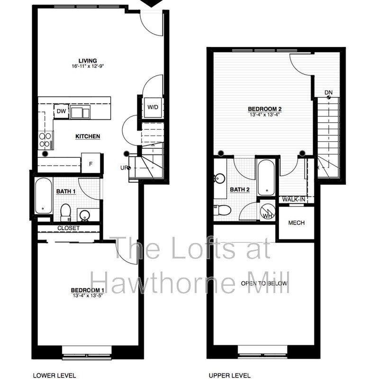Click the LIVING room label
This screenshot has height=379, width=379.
89,61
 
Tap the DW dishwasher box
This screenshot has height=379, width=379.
61,111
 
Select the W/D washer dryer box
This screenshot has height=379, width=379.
153,107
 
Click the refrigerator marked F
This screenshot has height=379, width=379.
90,163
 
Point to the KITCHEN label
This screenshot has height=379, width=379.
88,136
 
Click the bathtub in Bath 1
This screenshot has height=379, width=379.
43,196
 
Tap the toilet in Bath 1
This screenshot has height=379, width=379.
66,212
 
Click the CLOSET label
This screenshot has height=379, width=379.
69,228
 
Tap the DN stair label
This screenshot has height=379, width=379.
329,92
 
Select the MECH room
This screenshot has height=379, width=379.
296,223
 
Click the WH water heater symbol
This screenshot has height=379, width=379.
268,212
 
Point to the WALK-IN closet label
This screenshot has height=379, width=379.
294,200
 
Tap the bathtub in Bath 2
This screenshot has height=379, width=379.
265,177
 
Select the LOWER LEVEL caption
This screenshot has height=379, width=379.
54,376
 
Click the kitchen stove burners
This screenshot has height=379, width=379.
45,141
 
